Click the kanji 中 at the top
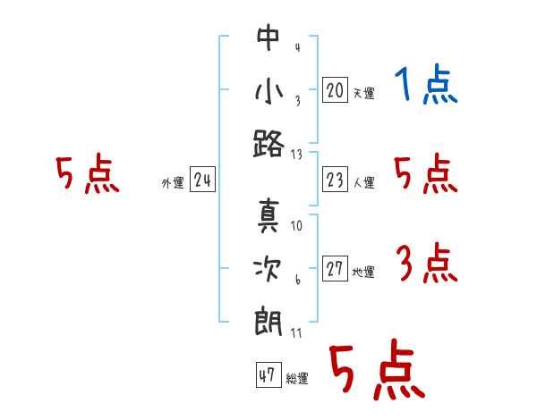[x=268, y=38]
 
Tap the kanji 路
[x=268, y=144]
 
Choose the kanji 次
[x=268, y=269]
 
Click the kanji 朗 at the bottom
[x=268, y=323]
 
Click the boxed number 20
[x=335, y=90]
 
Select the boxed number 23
[x=335, y=180]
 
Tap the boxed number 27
[x=335, y=268]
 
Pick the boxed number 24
[x=202, y=180]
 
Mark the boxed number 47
[x=268, y=374]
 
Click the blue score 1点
[x=426, y=84]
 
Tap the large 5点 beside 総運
[x=378, y=369]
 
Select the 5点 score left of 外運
[x=88, y=173]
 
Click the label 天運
[x=364, y=93]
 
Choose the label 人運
[x=364, y=182]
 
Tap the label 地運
[x=363, y=272]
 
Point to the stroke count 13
[x=296, y=155]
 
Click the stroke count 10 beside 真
[x=296, y=226]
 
